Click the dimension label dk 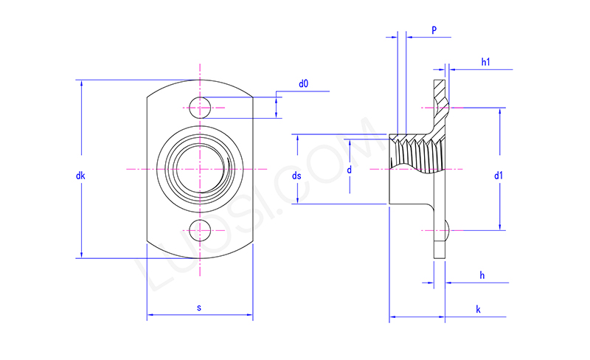[x=80, y=176]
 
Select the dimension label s [x=199, y=307]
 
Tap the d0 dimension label [x=303, y=84]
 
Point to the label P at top [x=434, y=30]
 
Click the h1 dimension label [x=486, y=63]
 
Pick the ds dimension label [x=296, y=176]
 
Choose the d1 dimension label [x=499, y=176]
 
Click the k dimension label [x=478, y=310]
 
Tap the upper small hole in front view [x=199, y=108]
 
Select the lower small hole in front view [x=199, y=231]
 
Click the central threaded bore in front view [x=199, y=170]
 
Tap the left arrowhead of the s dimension [x=150, y=316]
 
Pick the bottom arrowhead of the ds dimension [x=297, y=200]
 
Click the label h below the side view [x=482, y=275]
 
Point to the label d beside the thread [x=350, y=170]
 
